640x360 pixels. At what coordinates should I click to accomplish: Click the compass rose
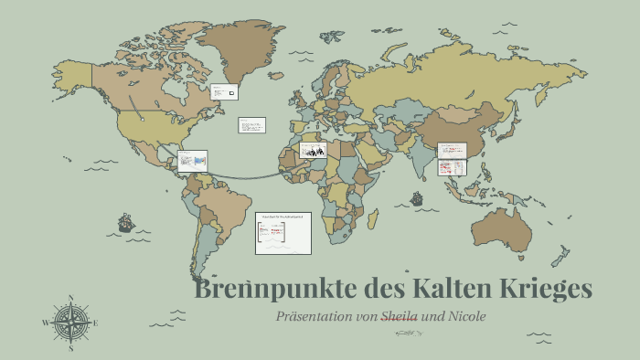tap(71, 323)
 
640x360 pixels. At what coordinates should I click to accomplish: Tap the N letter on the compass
tap(71, 298)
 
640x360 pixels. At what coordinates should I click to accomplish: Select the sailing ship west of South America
tap(126, 222)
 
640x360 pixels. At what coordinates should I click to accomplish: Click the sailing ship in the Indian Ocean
tap(417, 197)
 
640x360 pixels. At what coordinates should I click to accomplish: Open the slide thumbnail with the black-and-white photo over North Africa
tap(313, 150)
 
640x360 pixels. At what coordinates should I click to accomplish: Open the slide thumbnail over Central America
tap(192, 162)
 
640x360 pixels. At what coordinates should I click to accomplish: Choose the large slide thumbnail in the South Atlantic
tap(283, 233)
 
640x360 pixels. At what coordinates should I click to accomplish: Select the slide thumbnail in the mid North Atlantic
tap(251, 125)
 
